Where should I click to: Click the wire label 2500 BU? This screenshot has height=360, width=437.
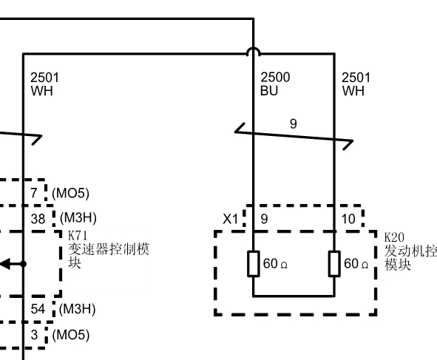tap(275, 84)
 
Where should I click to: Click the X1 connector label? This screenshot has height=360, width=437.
tap(231, 219)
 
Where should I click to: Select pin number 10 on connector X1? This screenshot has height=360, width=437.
tap(348, 219)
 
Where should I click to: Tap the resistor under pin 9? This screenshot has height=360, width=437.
tap(254, 264)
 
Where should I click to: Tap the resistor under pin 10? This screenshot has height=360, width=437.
tap(334, 264)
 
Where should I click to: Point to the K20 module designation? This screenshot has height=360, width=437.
tap(394, 237)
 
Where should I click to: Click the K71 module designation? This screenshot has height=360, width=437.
tap(78, 236)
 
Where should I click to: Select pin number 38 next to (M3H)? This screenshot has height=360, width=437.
tap(38, 219)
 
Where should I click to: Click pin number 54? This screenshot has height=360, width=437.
tap(38, 309)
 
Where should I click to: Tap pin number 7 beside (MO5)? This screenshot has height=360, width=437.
tap(34, 193)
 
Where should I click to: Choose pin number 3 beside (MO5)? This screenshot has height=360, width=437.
tap(34, 335)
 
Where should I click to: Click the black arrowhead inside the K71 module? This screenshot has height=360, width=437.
tap(5, 264)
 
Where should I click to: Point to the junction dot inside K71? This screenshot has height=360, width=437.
tap(24, 264)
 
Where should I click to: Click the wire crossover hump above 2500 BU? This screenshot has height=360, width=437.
tap(254, 52)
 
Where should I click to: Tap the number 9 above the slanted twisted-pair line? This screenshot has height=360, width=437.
tap(294, 123)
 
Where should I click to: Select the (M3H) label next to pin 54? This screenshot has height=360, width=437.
tap(78, 309)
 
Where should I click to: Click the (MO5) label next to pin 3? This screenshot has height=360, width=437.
tap(71, 335)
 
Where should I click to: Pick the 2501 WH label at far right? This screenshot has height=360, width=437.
tap(356, 84)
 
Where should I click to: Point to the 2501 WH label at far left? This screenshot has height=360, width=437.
tap(44, 84)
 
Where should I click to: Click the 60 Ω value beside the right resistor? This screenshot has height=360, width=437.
tap(356, 264)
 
